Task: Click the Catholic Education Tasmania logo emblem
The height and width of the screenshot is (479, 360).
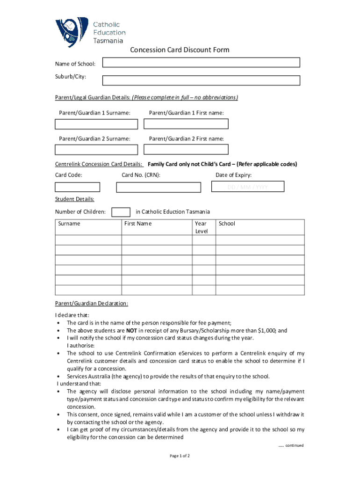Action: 72,31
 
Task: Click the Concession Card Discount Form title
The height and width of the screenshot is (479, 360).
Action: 180,50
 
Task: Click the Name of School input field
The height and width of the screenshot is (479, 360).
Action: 201,63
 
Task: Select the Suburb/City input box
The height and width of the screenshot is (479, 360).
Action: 201,80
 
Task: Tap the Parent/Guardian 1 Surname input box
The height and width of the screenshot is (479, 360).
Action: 96,124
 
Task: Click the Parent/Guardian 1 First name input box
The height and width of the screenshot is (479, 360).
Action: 186,124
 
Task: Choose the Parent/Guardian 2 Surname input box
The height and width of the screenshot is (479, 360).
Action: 96,150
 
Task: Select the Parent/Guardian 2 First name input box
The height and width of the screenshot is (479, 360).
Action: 186,150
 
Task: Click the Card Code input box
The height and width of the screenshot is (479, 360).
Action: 77,187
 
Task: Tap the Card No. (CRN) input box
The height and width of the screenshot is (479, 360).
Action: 158,187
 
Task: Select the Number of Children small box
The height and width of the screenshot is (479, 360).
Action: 122,212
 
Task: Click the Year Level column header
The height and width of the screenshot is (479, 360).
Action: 201,227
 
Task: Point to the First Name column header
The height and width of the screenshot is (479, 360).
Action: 138,224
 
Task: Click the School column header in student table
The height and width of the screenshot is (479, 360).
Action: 227,224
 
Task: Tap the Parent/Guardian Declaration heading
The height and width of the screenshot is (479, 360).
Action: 92,304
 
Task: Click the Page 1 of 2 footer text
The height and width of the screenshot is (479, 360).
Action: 180,456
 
